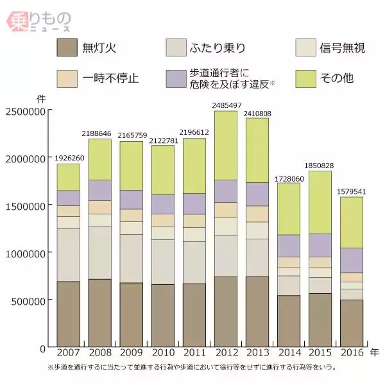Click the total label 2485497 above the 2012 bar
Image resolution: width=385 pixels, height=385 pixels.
[x=225, y=105]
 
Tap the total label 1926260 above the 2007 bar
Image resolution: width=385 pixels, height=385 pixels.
[x=68, y=157]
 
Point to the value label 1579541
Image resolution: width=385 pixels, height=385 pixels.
[x=351, y=191]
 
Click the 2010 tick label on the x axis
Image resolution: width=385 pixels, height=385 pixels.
[x=162, y=353]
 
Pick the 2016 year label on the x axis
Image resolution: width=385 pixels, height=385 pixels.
[x=351, y=353]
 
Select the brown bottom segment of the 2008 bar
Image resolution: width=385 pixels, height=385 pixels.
[x=99, y=313]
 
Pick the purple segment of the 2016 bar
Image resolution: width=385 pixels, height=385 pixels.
[x=351, y=260]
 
